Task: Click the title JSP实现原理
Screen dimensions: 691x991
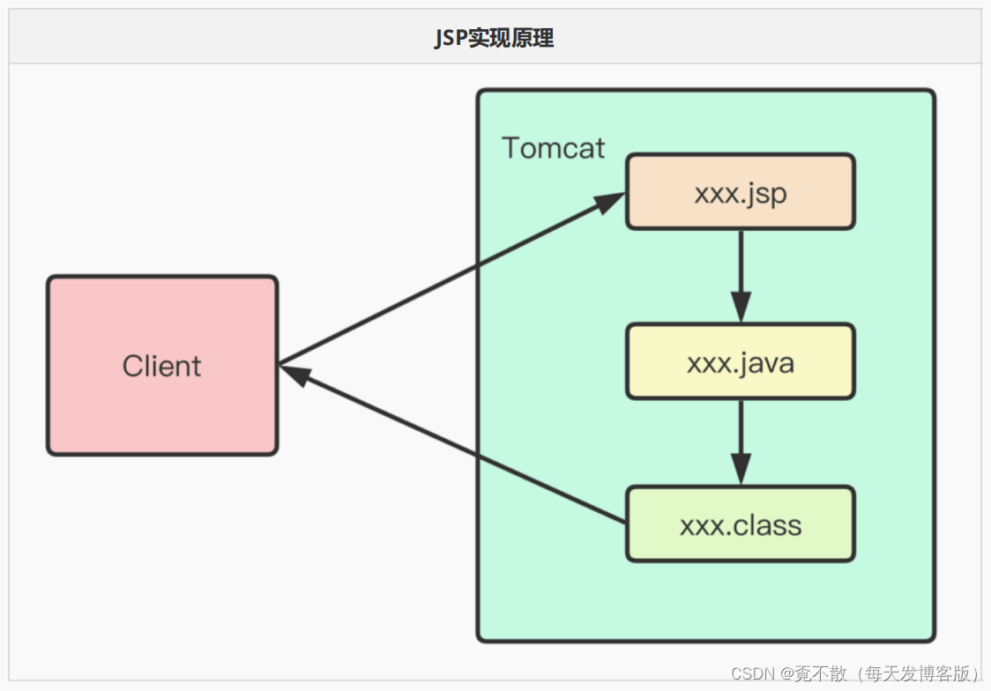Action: click(494, 38)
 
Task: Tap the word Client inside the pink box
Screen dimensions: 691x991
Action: click(161, 366)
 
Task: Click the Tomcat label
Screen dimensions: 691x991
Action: click(553, 148)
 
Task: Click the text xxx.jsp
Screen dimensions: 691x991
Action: click(740, 193)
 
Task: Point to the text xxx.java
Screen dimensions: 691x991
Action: click(740, 362)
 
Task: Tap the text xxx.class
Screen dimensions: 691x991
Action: click(740, 525)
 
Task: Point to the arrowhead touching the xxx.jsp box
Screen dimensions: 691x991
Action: click(609, 202)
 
